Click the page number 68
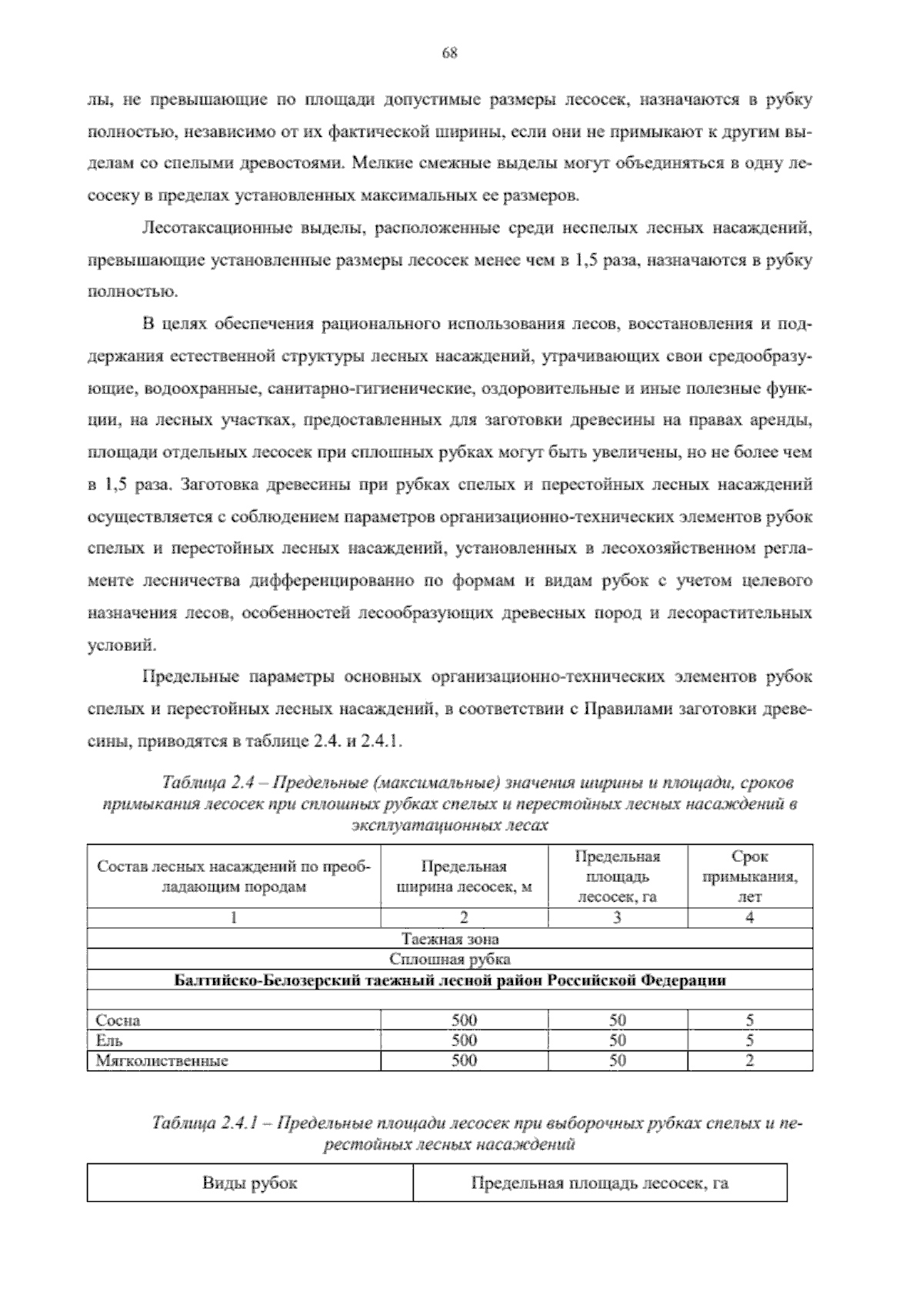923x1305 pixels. pyautogui.click(x=451, y=53)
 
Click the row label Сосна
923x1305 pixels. pyautogui.click(x=118, y=1021)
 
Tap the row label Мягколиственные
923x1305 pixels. pyautogui.click(x=162, y=1060)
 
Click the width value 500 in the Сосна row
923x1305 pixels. pyautogui.click(x=464, y=1021)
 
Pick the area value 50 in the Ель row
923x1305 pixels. pyautogui.click(x=618, y=1040)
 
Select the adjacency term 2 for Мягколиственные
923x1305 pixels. pyautogui.click(x=750, y=1060)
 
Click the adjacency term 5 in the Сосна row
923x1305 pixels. pyautogui.click(x=750, y=1021)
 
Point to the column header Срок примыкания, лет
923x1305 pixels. pyautogui.click(x=750, y=876)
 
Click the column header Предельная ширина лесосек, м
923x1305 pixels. pyautogui.click(x=464, y=876)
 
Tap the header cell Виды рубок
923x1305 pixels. pyautogui.click(x=249, y=1183)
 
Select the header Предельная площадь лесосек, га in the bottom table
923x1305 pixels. pyautogui.click(x=599, y=1183)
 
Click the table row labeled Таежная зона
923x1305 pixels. pyautogui.click(x=450, y=939)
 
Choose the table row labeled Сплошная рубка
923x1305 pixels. pyautogui.click(x=450, y=959)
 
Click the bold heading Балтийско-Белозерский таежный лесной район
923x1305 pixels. pyautogui.click(x=450, y=980)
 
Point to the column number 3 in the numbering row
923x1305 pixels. pyautogui.click(x=618, y=917)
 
